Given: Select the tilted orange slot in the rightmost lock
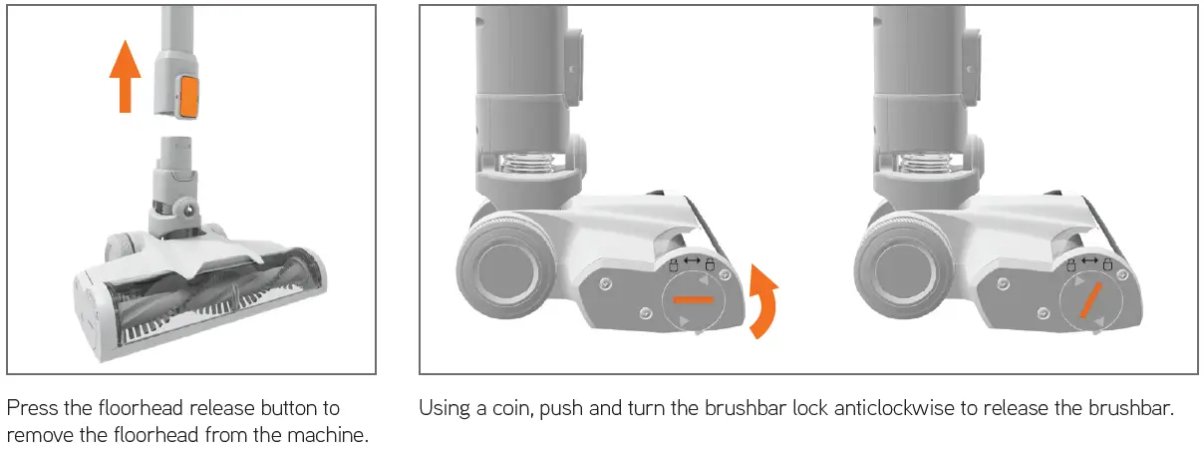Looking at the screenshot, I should tap(1091, 298).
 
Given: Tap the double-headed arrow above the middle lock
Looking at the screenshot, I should tap(691, 261).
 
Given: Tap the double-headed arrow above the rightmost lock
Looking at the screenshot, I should tap(1089, 261).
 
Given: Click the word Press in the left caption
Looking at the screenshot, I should tap(30, 408).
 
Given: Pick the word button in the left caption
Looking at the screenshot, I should tap(280, 408).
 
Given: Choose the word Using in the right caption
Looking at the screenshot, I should tap(442, 408).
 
